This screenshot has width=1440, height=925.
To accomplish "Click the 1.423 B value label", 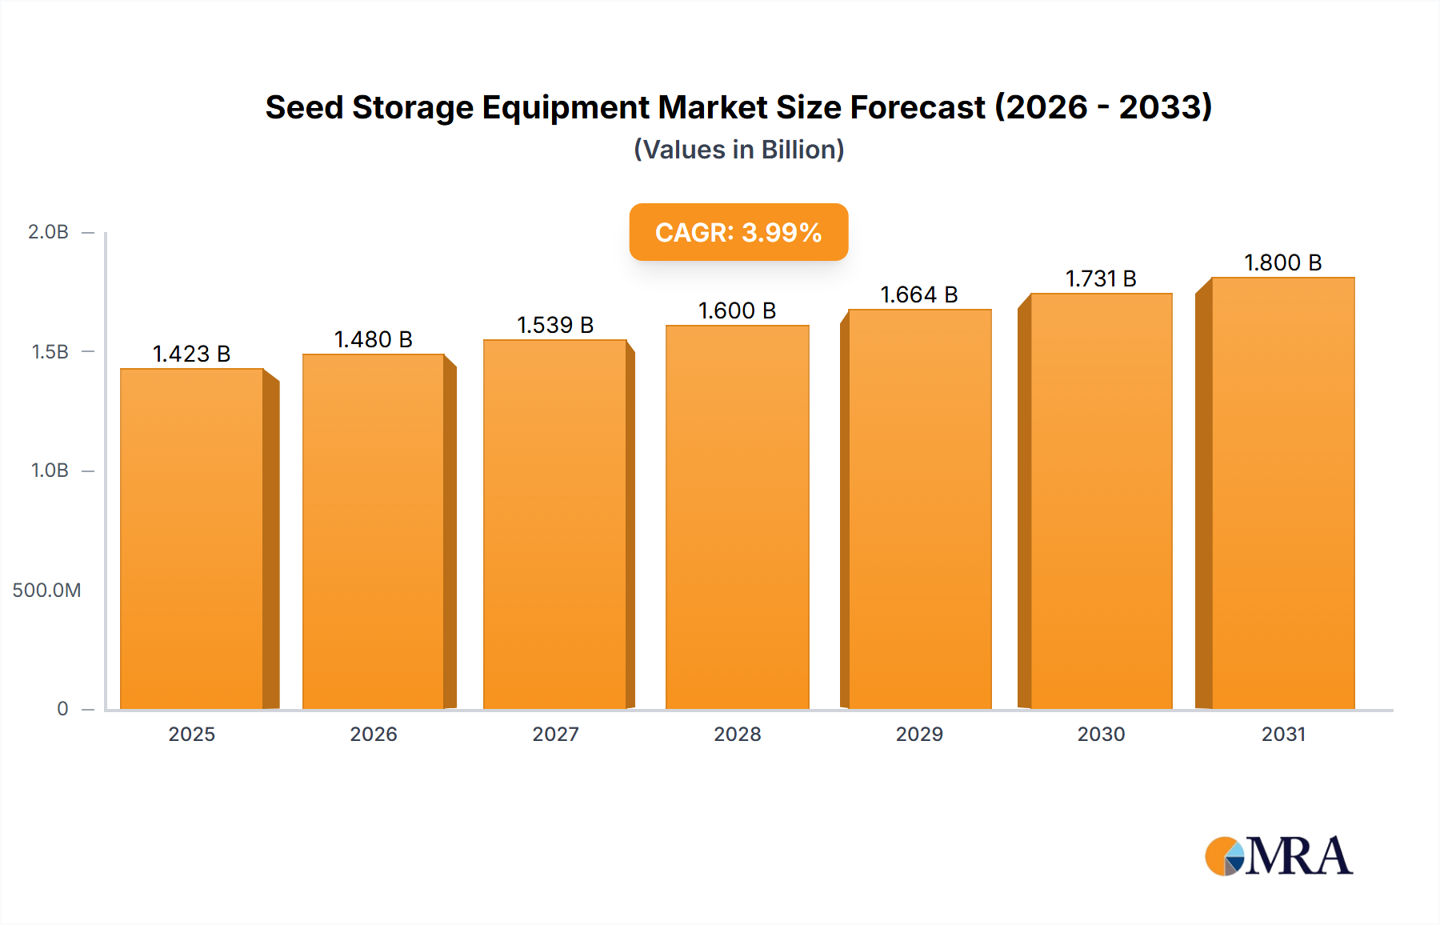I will (191, 354).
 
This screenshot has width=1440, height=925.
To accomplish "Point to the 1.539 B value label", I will (555, 325).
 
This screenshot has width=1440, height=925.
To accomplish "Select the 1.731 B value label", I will (1101, 278).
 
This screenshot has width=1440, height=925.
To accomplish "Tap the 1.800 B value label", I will (1282, 262).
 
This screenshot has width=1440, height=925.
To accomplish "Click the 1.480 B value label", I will (373, 339).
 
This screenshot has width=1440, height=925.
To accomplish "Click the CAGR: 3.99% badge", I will (738, 232).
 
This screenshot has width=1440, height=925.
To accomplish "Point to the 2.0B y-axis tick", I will (48, 232).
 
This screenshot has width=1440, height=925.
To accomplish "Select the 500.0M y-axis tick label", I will (46, 591).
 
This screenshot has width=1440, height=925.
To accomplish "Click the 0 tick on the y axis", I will (62, 709).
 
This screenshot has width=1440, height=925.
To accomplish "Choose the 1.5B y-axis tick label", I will (50, 352).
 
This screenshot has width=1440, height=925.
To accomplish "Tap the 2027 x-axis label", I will (555, 735).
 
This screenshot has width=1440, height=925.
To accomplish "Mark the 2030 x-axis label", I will (1101, 735).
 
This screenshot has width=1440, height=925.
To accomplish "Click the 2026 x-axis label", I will (373, 735).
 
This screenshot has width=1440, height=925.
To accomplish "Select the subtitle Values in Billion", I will (738, 150).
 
